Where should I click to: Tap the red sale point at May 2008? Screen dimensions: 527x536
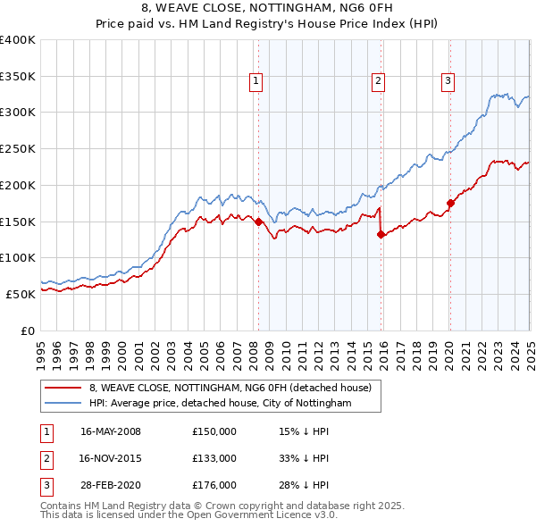[258, 222]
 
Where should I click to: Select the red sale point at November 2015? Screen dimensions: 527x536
[381, 234]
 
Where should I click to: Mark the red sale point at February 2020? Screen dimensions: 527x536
[450, 203]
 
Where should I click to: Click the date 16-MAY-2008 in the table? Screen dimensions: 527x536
[111, 431]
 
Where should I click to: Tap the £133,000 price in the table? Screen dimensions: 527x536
[214, 458]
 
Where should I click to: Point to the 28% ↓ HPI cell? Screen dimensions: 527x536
[304, 485]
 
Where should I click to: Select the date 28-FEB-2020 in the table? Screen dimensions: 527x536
[111, 485]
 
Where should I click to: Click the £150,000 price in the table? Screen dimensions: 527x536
[214, 431]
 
